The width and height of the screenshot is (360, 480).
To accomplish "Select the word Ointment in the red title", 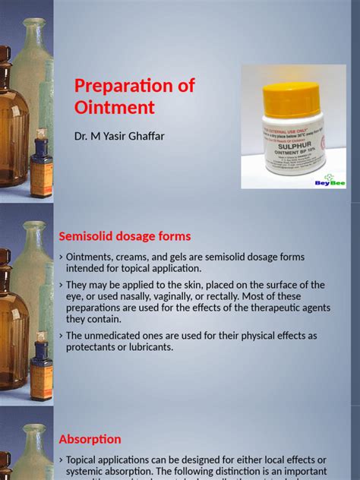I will point(115,107).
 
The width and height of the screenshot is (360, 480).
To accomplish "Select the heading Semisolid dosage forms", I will point(125,236).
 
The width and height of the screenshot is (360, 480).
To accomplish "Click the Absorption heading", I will point(90,439).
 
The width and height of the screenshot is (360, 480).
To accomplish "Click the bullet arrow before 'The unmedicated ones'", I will point(61,336).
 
